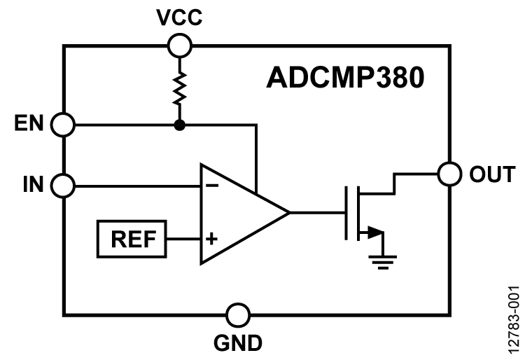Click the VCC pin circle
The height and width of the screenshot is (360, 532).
[180, 46]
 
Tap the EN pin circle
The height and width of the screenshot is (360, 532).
[64, 125]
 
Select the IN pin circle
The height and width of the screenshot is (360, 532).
[64, 186]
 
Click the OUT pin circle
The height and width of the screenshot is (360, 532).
[449, 172]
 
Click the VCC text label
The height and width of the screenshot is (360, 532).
[179, 18]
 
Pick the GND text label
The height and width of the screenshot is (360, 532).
[239, 343]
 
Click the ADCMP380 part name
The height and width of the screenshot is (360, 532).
[345, 78]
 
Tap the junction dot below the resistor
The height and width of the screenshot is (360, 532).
[180, 125]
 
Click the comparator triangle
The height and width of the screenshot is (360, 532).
[238, 213]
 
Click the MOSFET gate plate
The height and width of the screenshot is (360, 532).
[347, 213]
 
